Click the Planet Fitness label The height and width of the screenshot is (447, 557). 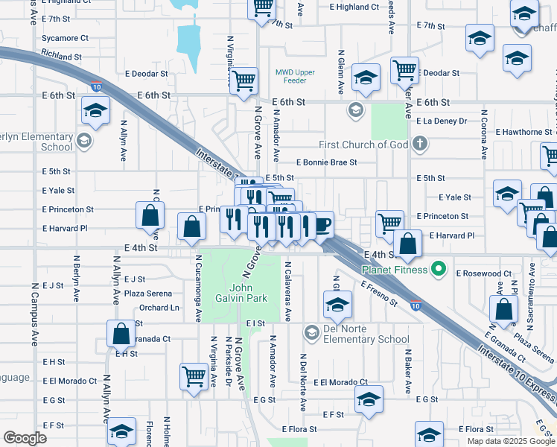pos(395,269)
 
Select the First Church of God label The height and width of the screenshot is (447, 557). pos(363,145)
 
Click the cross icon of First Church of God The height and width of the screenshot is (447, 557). pos(419,144)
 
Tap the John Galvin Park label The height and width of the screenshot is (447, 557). pos(248,293)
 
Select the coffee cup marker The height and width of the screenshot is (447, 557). pos(322,225)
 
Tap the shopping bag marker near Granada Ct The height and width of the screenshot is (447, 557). pos(121,335)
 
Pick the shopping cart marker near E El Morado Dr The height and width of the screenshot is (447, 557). pos(194,376)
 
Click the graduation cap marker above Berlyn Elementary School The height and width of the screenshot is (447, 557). pos(95,112)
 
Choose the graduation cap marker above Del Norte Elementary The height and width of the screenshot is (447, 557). pos(337,304)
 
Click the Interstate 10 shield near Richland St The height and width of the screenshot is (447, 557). pos(97,86)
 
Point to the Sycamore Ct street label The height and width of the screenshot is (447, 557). pos(66,38)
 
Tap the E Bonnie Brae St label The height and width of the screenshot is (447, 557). pos(326,162)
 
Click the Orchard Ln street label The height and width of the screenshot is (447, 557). pos(159,308)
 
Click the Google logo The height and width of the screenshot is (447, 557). pos(25,438)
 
